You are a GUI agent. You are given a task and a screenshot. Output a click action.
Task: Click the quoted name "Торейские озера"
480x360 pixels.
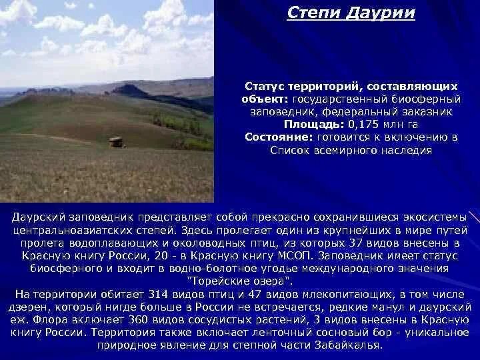[240, 281]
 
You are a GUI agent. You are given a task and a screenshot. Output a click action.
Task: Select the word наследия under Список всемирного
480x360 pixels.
[405, 150]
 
